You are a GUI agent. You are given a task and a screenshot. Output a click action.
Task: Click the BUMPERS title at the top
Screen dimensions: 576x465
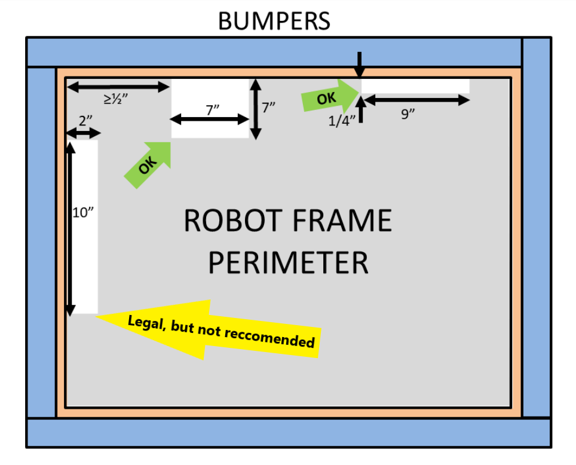tap(274, 21)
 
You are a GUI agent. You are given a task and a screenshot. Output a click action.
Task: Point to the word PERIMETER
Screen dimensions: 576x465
tap(288, 262)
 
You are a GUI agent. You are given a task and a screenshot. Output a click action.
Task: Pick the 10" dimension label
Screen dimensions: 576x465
tap(83, 212)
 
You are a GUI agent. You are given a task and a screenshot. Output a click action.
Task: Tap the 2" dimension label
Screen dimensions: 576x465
tap(85, 120)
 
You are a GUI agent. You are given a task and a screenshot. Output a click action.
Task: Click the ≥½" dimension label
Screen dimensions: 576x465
tap(116, 99)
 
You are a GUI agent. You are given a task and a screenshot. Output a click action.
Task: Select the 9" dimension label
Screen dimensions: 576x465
tap(408, 114)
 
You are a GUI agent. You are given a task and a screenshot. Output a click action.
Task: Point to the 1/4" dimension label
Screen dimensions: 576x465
tap(342, 121)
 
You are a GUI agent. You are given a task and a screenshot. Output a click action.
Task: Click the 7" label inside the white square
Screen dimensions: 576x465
tap(212, 109)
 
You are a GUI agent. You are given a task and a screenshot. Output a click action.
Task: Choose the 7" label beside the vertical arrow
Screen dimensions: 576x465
tap(268, 108)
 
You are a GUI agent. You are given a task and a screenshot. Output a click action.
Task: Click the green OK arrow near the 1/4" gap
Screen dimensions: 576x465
tap(329, 96)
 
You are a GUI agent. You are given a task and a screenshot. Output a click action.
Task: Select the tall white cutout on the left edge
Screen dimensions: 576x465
tap(82, 227)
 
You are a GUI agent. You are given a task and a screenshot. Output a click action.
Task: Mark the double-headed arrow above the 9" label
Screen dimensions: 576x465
tap(416, 100)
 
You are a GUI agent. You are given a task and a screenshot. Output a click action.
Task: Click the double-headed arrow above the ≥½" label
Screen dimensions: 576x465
tap(118, 87)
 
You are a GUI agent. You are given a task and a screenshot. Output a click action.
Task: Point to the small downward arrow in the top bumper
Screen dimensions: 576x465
tap(360, 65)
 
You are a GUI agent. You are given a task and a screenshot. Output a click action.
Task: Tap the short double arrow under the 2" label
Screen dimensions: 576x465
tap(84, 133)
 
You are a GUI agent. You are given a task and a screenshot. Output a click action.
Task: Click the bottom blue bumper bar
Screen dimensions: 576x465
tap(289, 433)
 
